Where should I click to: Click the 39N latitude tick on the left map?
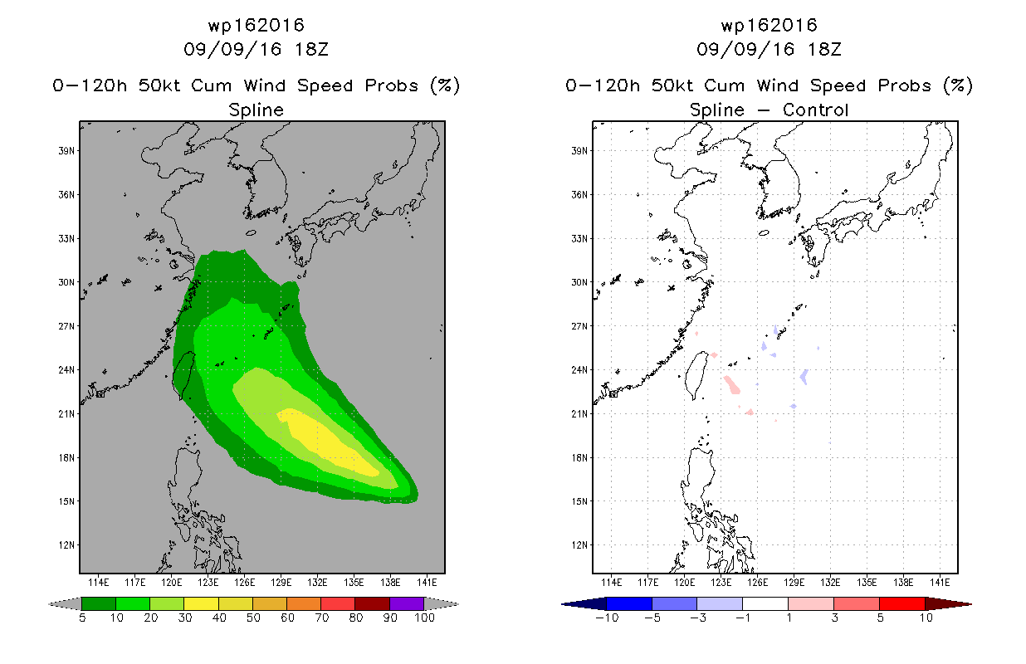click(66, 151)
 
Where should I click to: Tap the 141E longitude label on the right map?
click(940, 583)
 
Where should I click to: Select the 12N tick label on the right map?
click(579, 545)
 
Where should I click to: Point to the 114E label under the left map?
click(99, 583)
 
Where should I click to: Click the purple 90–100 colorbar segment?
click(407, 603)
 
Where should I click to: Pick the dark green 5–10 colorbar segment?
click(99, 603)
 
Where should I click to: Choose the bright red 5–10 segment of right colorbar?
click(902, 603)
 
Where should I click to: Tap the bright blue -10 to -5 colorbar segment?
click(629, 603)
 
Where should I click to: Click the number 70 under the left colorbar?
click(322, 618)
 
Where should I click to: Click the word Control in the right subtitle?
click(815, 110)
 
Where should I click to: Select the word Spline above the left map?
click(256, 110)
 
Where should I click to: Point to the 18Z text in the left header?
click(311, 49)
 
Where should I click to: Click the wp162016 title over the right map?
click(769, 25)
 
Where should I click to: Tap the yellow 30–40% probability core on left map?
click(325, 441)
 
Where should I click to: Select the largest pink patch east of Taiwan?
click(732, 384)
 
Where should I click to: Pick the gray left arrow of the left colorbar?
click(65, 604)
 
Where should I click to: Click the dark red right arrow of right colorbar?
click(948, 604)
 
